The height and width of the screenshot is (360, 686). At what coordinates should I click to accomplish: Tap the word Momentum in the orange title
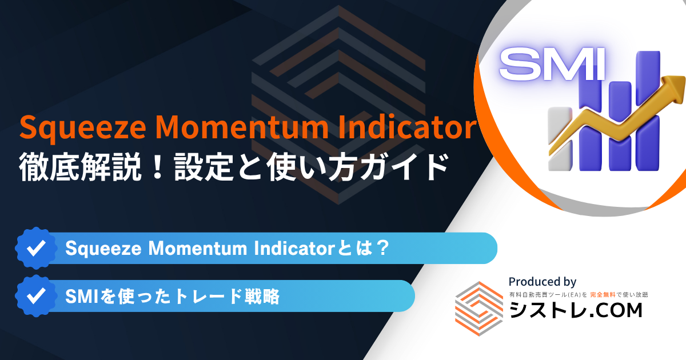coord(242,126)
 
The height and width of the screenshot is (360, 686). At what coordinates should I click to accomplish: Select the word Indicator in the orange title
coord(407,126)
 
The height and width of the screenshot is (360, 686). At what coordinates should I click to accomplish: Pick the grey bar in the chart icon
coord(560,139)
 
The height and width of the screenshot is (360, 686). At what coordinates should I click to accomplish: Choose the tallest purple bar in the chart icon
coord(648,110)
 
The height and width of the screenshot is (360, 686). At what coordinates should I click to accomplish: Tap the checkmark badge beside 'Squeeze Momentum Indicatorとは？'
coord(37,248)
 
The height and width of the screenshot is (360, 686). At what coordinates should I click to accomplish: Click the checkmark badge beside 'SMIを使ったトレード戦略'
coord(37,296)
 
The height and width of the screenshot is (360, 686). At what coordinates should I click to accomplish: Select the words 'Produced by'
coord(543,282)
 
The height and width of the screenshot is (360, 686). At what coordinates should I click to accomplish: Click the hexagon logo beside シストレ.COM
coord(479,309)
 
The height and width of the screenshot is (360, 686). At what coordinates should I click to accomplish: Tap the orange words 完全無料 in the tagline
coord(603,295)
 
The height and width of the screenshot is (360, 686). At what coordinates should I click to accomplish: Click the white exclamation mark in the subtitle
coord(158,167)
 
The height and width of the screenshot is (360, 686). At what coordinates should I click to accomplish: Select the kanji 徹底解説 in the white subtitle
coord(79,167)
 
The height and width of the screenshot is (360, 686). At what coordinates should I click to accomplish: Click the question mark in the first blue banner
coord(383,248)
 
